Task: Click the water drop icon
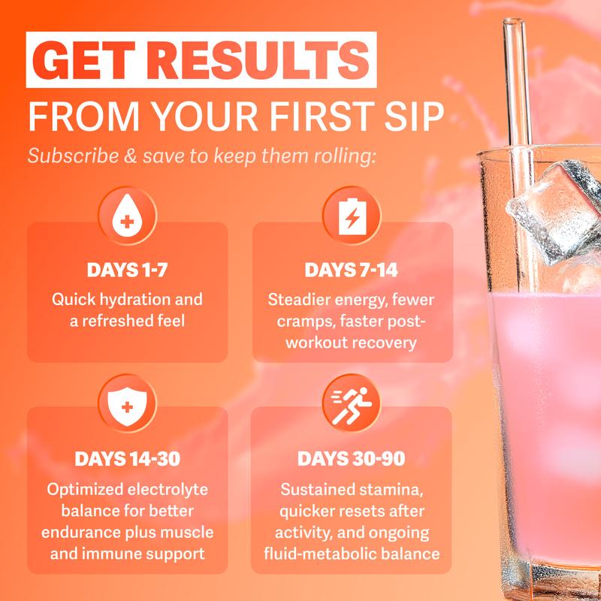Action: click(x=127, y=216)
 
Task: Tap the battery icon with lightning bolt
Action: click(x=352, y=216)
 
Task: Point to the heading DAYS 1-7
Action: click(x=127, y=270)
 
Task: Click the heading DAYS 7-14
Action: click(x=352, y=270)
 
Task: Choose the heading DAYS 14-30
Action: click(x=127, y=459)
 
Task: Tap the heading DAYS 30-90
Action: click(x=352, y=459)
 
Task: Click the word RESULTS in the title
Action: click(x=262, y=60)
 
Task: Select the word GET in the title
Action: click(x=89, y=60)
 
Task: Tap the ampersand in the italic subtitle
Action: click(x=131, y=156)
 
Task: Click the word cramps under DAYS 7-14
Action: click(x=302, y=322)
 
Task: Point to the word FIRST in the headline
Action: click(x=322, y=116)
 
